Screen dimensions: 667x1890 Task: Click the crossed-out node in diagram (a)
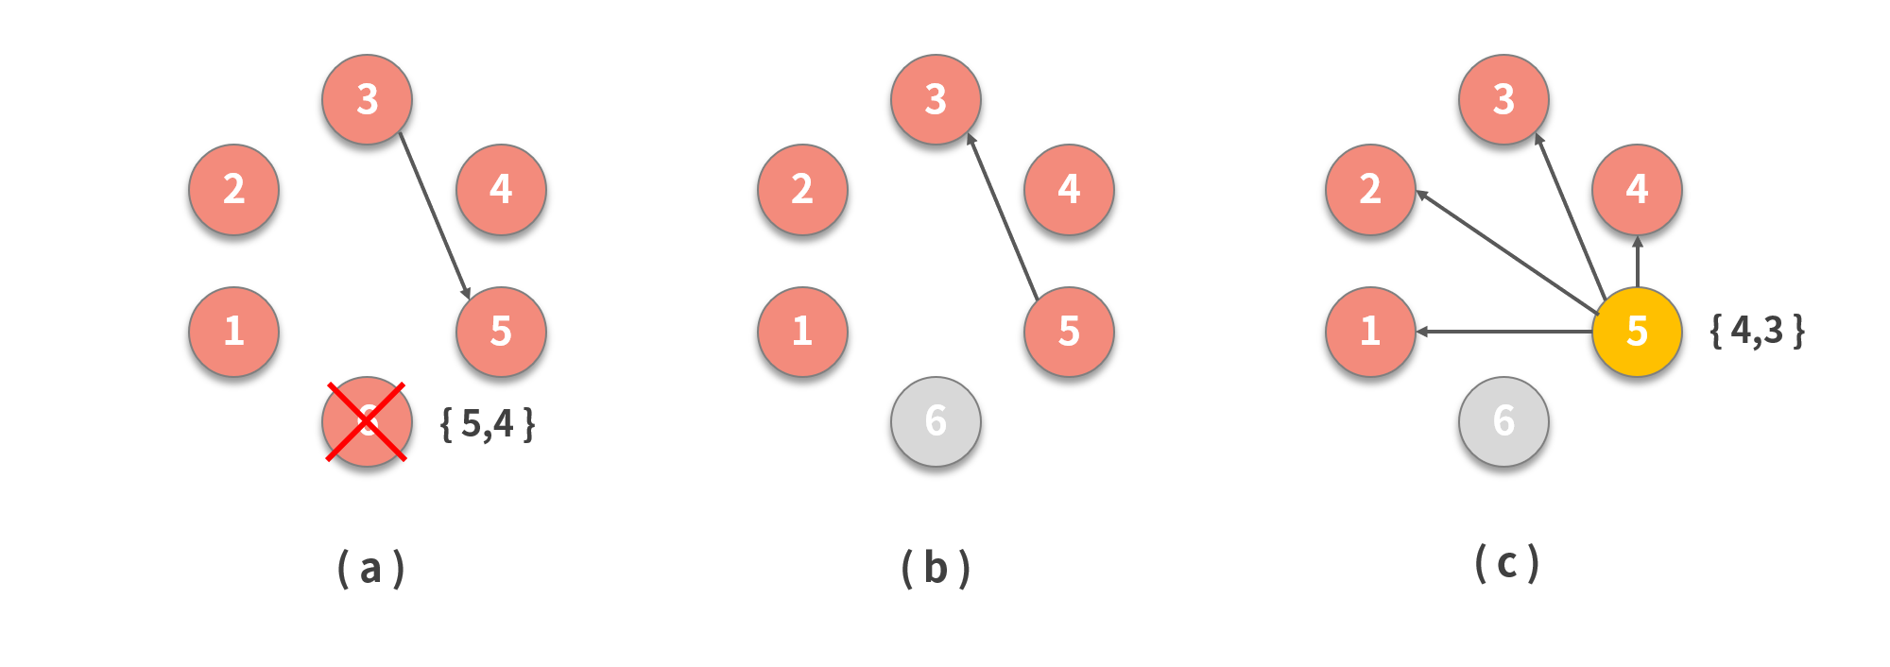pos(367,421)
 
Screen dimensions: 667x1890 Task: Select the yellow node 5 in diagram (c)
pos(1637,332)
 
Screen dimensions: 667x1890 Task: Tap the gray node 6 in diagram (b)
pos(936,421)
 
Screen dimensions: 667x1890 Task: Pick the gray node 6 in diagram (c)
pos(1503,421)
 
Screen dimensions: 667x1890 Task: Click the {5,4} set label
pos(488,424)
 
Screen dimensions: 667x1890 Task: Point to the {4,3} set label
pos(1758,331)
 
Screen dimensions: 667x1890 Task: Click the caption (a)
pos(371,569)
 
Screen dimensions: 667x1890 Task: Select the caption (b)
pos(936,569)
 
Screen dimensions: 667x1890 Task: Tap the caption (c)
pos(1507,564)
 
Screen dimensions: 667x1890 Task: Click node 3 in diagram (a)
pos(367,99)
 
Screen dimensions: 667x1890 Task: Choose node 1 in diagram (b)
pos(802,332)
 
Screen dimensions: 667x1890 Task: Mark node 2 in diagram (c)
pos(1370,189)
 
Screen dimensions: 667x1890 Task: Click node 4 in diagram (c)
pos(1637,189)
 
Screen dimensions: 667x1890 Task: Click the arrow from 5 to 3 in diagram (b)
pos(1003,217)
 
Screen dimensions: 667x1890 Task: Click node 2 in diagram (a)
pos(233,189)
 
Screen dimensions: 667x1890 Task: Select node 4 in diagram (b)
pos(1069,189)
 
